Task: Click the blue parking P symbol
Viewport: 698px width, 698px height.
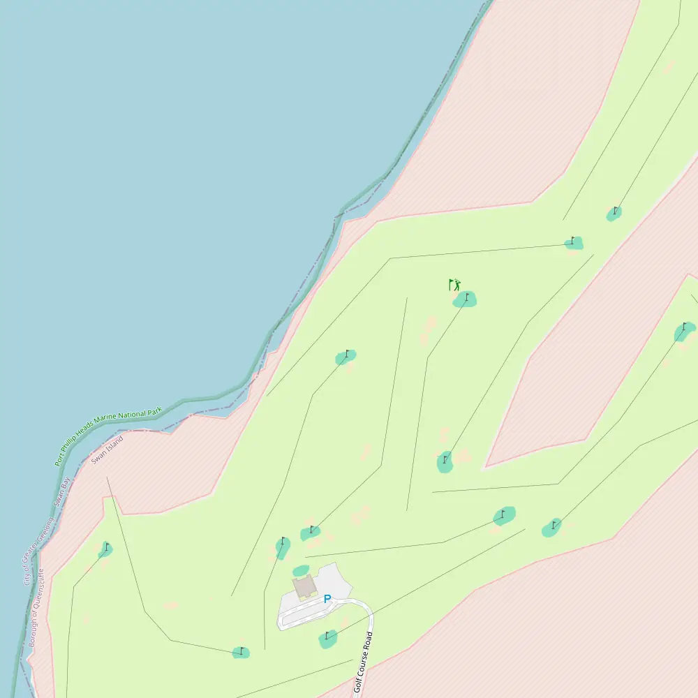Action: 327,599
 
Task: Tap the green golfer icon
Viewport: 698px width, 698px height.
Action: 454,285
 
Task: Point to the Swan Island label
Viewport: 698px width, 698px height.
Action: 107,450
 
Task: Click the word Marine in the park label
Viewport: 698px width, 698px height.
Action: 107,424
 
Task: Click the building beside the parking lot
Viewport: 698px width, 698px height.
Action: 304,588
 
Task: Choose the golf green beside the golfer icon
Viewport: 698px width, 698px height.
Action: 465,299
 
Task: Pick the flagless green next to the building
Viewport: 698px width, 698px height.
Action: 301,570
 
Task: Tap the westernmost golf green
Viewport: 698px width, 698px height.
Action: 105,549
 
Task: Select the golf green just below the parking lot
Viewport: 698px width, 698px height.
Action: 328,638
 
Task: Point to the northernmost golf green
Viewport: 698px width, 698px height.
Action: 614,213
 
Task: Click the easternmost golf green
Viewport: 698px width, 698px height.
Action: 685,332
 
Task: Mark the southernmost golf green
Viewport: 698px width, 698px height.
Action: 241,653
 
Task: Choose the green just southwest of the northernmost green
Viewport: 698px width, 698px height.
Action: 574,243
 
